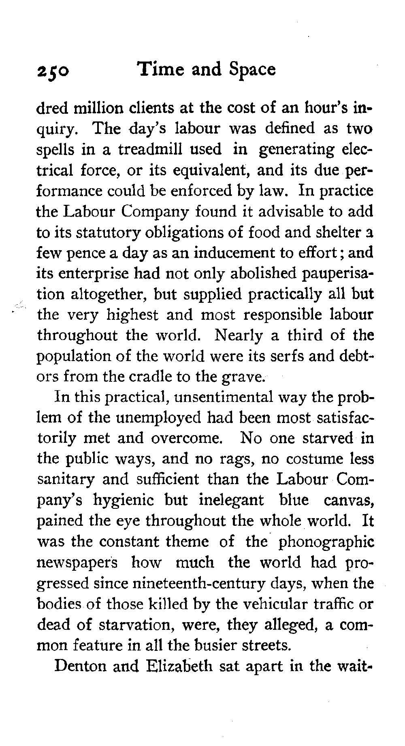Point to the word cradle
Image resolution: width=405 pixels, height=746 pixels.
[x=149, y=377]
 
